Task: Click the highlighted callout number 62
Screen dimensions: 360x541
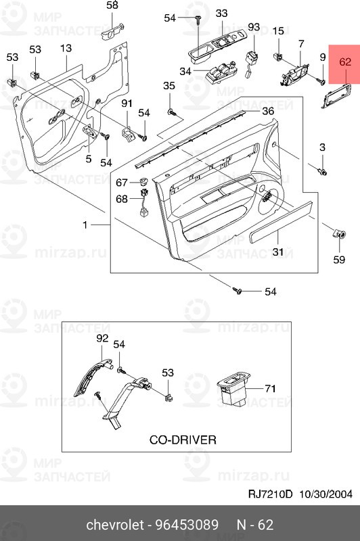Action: click(345, 62)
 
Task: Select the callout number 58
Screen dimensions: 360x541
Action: click(112, 5)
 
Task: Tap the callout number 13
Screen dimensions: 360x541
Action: click(66, 48)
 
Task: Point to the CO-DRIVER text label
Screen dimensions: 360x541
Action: click(183, 440)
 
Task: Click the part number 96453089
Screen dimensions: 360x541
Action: click(187, 525)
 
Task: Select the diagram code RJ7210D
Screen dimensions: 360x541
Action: click(270, 494)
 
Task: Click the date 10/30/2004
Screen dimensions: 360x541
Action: click(325, 494)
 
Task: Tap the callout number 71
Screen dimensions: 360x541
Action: click(270, 389)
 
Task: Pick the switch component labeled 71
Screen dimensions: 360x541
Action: click(233, 387)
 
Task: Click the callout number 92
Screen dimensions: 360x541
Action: click(102, 339)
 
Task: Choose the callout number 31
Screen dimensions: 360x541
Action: click(278, 252)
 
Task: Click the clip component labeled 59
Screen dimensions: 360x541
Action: click(339, 235)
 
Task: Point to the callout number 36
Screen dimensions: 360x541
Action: click(268, 111)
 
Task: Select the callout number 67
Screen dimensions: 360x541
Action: click(122, 182)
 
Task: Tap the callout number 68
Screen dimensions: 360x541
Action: click(122, 199)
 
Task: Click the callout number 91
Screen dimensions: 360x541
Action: click(127, 103)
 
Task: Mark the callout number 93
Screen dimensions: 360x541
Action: click(254, 26)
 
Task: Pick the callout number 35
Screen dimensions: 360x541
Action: click(169, 86)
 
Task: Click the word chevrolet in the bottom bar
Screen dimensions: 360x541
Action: click(114, 525)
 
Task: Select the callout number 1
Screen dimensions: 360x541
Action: click(85, 225)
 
